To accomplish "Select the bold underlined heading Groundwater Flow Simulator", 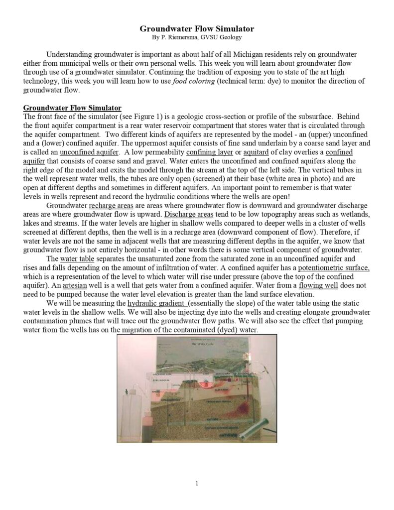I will (72, 107).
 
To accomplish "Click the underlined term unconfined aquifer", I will (90, 151).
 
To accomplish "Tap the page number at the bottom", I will (197, 483).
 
